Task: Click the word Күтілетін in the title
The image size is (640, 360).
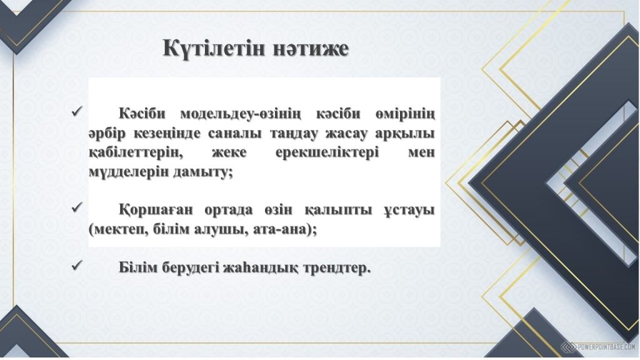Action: pos(213,48)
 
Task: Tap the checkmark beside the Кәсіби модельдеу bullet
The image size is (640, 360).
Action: pos(77,111)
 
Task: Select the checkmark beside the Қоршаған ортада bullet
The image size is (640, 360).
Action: pos(77,207)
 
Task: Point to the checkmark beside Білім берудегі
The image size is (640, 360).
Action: pos(77,266)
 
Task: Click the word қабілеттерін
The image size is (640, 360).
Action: pos(134,153)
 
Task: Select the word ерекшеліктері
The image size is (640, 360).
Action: pos(327,153)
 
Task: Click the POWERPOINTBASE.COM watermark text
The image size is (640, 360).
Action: pos(606,347)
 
